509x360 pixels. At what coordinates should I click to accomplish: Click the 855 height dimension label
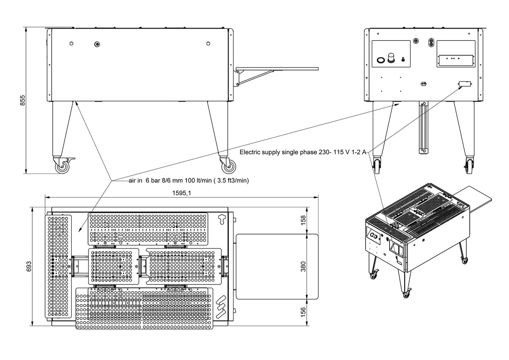coord(23,101)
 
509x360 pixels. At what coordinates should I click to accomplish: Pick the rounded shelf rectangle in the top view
coord(277,266)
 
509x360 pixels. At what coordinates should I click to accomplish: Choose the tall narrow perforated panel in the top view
coord(59,266)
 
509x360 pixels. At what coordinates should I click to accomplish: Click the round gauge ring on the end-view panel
coord(381,60)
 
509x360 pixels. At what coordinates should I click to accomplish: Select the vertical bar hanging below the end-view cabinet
coord(423,128)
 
